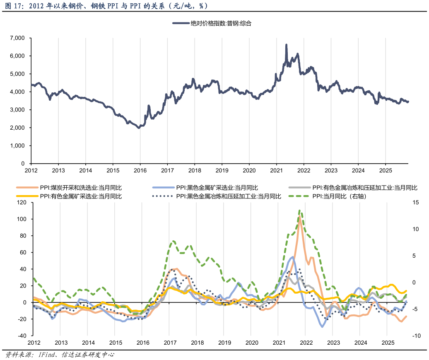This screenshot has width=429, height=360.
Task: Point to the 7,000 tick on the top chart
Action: [x=17, y=38]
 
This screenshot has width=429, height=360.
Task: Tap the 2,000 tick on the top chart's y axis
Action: [x=17, y=128]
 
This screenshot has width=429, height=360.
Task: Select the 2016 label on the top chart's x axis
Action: [x=140, y=170]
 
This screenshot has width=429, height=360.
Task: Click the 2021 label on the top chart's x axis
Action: [x=276, y=170]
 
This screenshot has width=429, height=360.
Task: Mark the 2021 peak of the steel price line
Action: [x=286, y=45]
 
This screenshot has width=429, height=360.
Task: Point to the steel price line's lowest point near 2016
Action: [x=139, y=128]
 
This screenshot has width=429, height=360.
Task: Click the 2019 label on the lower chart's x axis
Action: [x=224, y=343]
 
